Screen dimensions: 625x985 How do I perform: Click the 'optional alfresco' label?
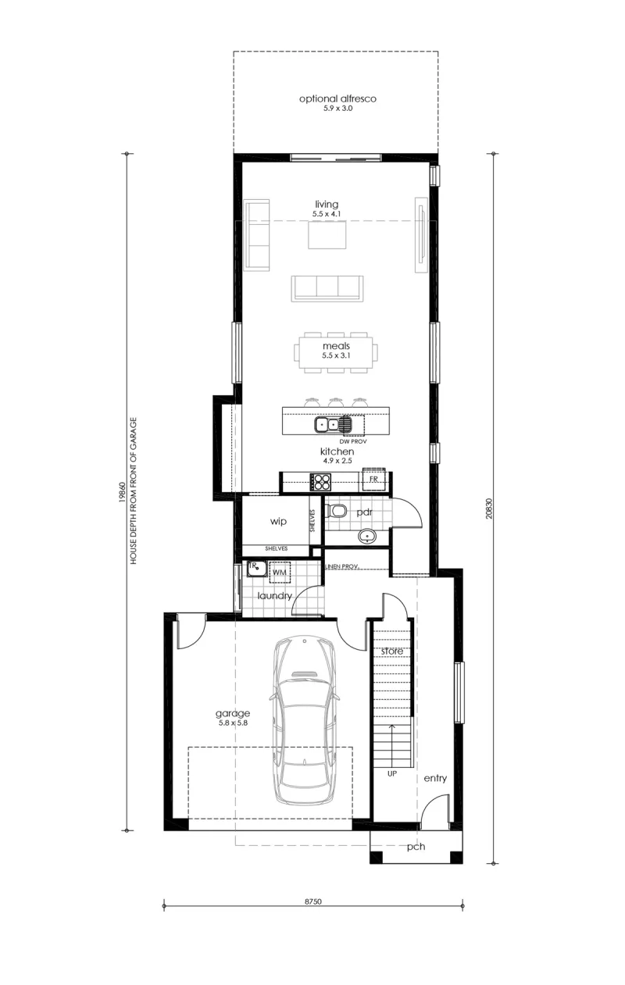tap(337, 99)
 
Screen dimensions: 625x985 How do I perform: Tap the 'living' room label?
tap(327, 205)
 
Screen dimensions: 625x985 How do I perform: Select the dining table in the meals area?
tap(336, 352)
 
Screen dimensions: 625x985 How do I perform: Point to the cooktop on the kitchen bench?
tap(320, 481)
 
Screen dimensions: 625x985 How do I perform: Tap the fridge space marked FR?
tap(374, 480)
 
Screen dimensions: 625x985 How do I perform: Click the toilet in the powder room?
tap(336, 511)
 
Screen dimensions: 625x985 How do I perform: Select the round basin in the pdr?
tap(367, 537)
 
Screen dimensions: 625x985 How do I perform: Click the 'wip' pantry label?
tap(278, 522)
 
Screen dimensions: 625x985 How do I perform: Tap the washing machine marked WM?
tap(280, 572)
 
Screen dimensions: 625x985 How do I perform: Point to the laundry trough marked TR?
tap(257, 568)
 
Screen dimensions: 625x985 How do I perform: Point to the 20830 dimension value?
tap(489, 508)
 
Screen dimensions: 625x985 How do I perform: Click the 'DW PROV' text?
tap(353, 441)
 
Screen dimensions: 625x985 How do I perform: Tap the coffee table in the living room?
tap(327, 235)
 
